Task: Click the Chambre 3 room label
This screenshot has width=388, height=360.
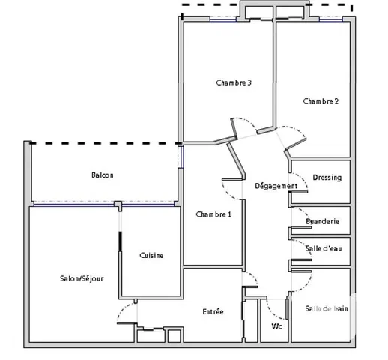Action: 234,82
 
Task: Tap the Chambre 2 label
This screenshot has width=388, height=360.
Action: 321,101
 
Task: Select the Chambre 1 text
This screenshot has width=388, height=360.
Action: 213,214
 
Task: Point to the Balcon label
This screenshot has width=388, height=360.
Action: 103,175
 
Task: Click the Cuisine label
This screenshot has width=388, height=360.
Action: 151,255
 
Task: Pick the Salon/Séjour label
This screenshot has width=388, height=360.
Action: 82,278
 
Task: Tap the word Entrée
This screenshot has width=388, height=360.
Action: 213,311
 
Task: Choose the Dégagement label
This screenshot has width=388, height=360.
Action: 276,186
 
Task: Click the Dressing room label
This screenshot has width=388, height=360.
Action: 327,178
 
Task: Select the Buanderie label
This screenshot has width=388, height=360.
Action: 323,221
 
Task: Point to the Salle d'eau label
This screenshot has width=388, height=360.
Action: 324,248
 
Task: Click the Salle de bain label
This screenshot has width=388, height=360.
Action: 327,308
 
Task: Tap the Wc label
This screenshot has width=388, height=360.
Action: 277,326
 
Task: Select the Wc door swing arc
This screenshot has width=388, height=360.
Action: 271,313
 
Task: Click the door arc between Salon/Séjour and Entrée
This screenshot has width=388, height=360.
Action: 122,310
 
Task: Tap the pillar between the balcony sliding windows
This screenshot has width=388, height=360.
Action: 118,205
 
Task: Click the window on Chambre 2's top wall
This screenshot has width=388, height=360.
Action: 331,19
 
